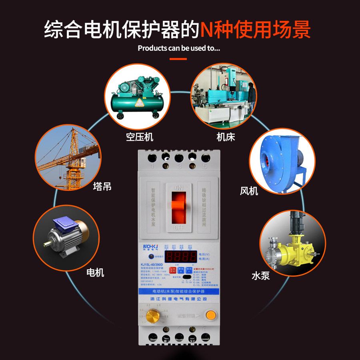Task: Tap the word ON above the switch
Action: click(179, 188)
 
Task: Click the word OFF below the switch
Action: click(178, 228)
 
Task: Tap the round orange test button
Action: click(210, 314)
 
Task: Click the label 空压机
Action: click(140, 137)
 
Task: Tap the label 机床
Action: click(226, 137)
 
